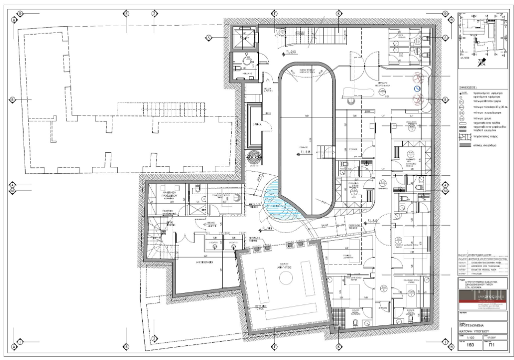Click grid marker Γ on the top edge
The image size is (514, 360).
(x=275, y=12)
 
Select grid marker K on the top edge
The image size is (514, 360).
(x=339, y=12)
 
